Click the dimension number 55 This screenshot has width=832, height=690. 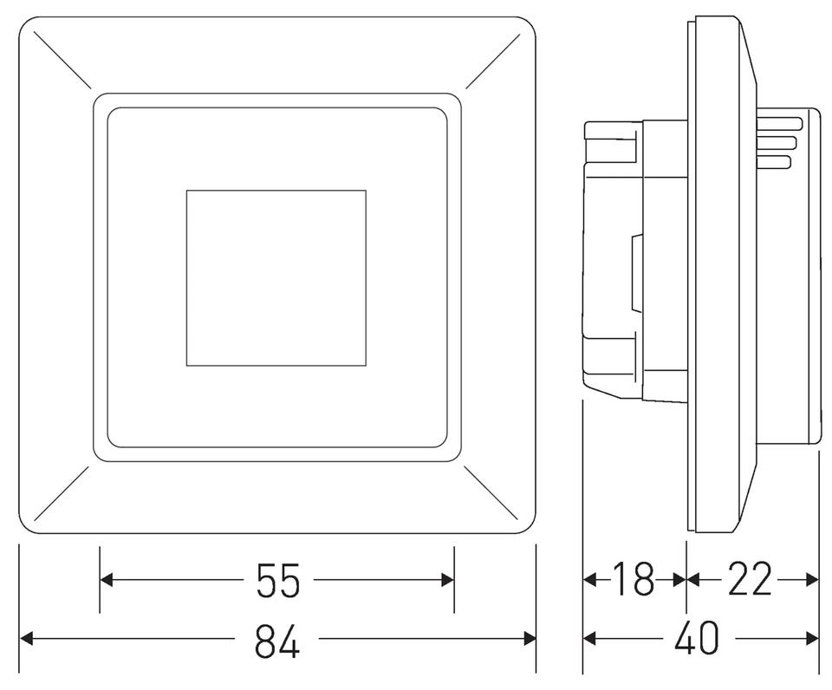278,580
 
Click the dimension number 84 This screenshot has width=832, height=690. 277,640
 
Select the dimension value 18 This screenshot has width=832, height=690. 634,579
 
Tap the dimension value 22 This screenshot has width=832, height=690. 749,579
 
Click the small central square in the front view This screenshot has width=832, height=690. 276,277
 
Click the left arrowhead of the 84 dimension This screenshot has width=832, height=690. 27,639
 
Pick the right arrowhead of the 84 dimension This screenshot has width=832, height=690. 529,639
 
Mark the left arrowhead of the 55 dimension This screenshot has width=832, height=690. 107,580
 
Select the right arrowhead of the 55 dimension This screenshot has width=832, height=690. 447,580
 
